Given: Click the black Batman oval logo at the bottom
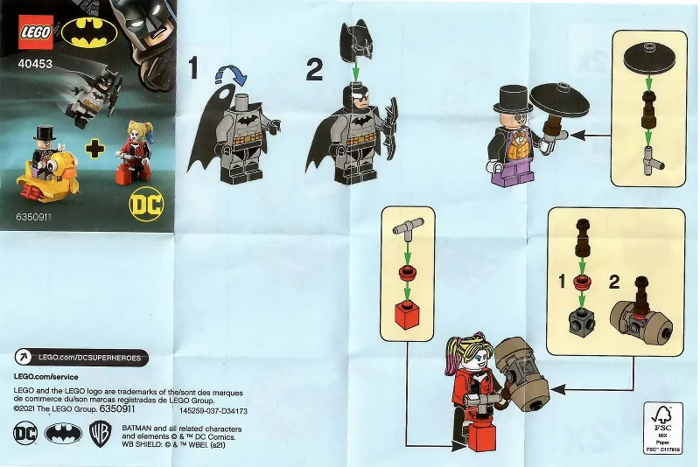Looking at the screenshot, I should [60, 432].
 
